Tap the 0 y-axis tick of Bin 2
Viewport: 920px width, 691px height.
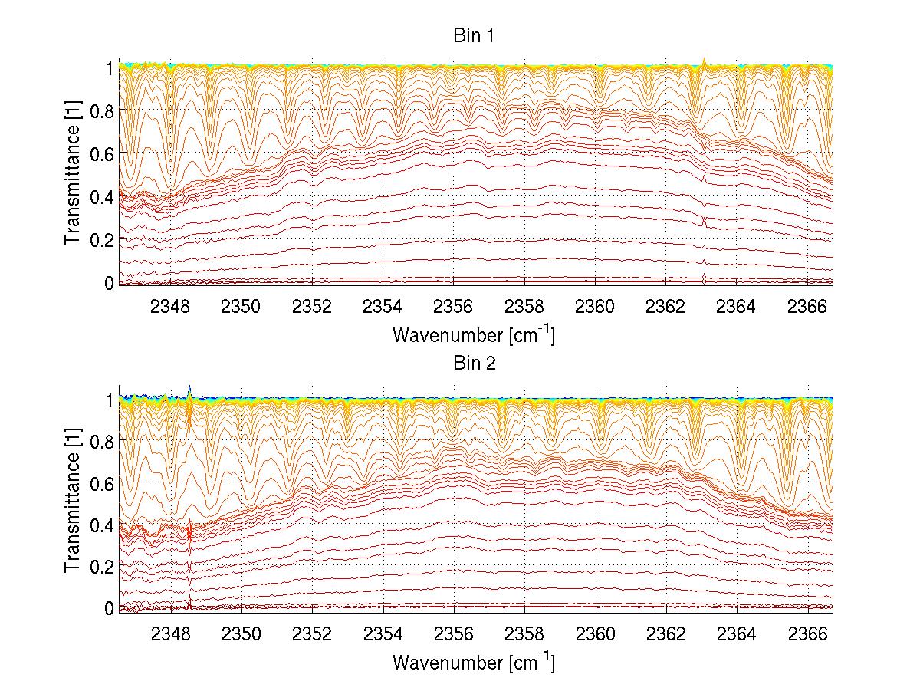108,608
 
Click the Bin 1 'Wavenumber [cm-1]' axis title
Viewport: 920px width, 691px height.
473,334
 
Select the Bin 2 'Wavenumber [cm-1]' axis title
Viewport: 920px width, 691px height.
473,661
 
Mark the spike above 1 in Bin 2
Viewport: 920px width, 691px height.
189,388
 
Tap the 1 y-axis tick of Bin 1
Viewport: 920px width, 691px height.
108,67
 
